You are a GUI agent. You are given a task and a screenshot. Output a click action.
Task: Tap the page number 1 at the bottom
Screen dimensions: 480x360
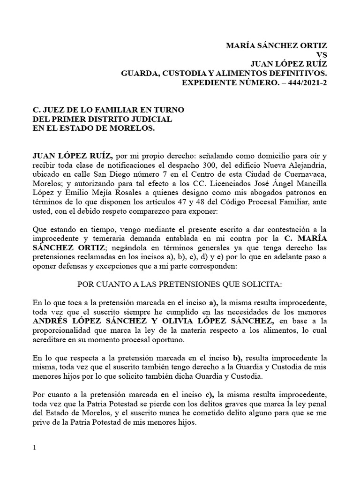click(x=35, y=448)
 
